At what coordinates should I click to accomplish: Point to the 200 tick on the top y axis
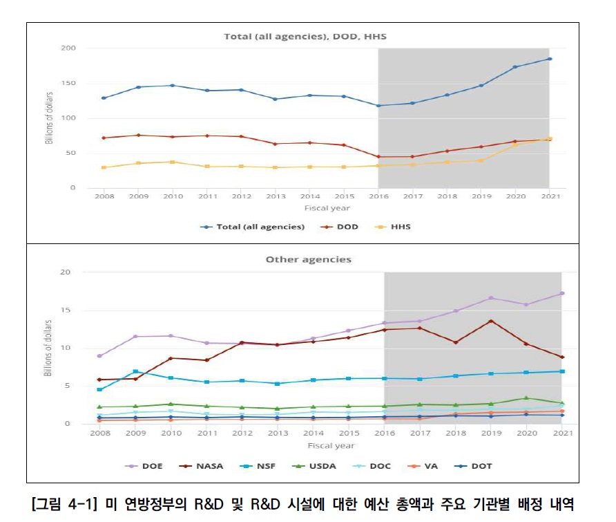tap(68, 48)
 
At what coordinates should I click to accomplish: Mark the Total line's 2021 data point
tap(550, 59)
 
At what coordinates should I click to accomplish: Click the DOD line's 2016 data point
tap(378, 156)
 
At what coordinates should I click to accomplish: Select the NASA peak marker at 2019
tap(490, 321)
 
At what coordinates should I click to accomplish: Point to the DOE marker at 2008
tap(100, 355)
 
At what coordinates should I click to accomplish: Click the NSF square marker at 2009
tap(135, 371)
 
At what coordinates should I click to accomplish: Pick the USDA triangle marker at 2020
tap(526, 398)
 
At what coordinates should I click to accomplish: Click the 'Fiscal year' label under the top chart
tap(327, 208)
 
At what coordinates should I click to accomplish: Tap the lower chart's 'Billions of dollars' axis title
tap(48, 348)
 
